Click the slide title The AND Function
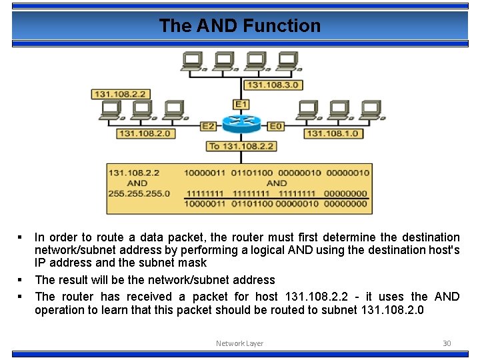[x=239, y=26]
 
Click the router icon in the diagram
[x=241, y=123]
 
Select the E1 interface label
[x=241, y=105]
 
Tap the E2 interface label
[x=208, y=125]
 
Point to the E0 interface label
[x=275, y=125]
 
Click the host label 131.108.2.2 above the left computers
[x=121, y=94]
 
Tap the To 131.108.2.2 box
[x=241, y=146]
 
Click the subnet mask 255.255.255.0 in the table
[x=139, y=194]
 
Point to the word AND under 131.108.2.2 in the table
[x=137, y=183]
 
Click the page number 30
[x=447, y=343]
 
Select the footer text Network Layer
[x=239, y=343]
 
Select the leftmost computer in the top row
[x=193, y=61]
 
